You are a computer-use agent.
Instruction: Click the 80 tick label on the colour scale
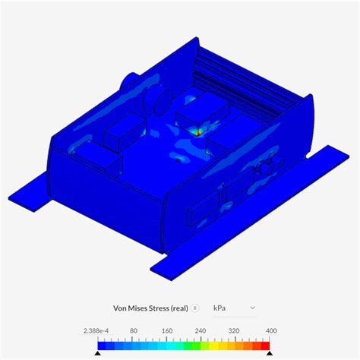(x=133, y=331)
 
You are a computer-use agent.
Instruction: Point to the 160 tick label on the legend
(x=166, y=331)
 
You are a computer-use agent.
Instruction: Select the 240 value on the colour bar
(x=201, y=331)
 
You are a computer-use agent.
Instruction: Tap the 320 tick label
(x=235, y=331)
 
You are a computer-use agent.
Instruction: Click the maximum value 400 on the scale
(x=270, y=331)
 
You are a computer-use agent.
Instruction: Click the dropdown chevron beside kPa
(x=253, y=308)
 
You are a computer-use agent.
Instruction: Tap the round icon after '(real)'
(x=195, y=308)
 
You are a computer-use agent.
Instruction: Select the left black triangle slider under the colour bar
(x=97, y=354)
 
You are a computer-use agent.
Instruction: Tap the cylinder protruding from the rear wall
(x=128, y=80)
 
